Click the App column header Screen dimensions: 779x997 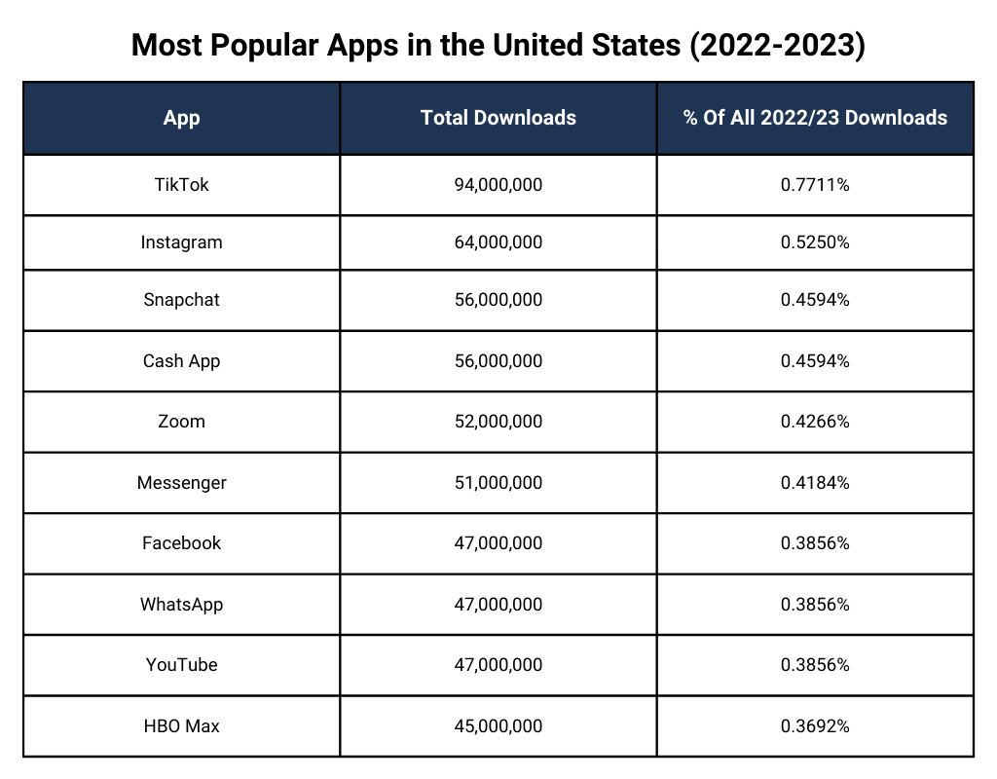[x=181, y=118]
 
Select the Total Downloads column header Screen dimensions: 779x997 [x=498, y=118]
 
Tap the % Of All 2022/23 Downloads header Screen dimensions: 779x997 [x=815, y=118]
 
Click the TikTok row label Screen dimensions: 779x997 [x=181, y=184]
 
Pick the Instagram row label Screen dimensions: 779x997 [x=181, y=242]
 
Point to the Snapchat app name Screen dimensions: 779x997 [x=181, y=300]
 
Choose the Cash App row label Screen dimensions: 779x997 [x=181, y=361]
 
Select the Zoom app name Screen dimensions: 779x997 [x=181, y=422]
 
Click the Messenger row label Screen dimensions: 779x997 [x=181, y=483]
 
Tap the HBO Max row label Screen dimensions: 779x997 [x=181, y=726]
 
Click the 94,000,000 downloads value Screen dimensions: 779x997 [x=498, y=184]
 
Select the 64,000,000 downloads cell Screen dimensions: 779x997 [x=498, y=242]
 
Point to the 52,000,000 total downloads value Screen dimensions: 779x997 [x=498, y=422]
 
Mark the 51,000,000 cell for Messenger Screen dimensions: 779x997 [x=498, y=483]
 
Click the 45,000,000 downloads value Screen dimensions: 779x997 [x=498, y=726]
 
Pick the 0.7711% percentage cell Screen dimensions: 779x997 [x=815, y=184]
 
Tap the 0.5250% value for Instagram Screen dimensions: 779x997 [x=815, y=242]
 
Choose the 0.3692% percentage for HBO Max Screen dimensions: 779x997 [x=815, y=726]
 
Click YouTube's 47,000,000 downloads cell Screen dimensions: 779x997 [x=498, y=665]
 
